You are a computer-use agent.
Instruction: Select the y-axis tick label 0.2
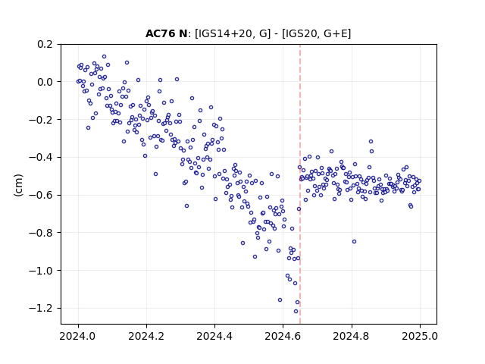45,44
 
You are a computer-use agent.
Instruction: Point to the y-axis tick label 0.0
45,82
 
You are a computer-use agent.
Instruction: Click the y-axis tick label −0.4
41,158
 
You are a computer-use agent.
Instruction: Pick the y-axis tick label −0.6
41,196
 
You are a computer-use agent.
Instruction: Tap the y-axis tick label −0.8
41,233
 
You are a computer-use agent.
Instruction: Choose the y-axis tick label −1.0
41,271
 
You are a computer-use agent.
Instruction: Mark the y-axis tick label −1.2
41,309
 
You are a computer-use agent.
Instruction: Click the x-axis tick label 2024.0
78,336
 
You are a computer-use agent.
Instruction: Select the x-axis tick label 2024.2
146,336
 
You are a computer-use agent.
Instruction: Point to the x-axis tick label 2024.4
214,336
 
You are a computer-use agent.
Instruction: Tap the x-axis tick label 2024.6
283,336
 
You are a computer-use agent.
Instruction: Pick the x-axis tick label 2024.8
352,336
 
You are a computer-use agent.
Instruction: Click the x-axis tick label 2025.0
420,336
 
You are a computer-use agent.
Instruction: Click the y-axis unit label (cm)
18,185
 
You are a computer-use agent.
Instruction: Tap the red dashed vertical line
300,184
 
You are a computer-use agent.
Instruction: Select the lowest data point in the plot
296,312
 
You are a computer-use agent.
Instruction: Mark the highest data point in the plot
105,57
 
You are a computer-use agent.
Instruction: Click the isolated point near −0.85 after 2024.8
354,242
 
